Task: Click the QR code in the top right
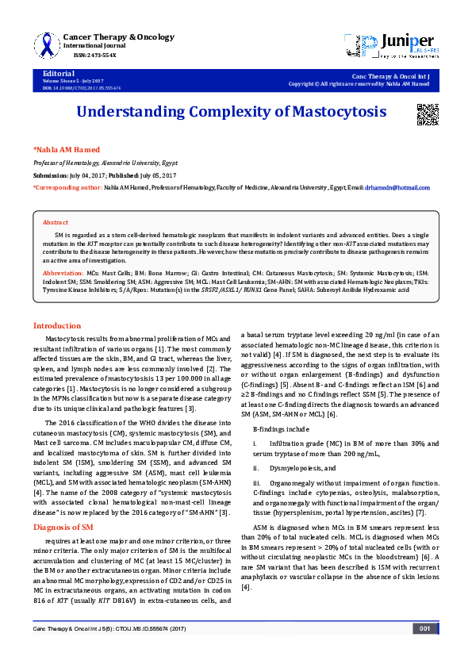tap(428, 115)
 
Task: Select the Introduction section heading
tap(56, 326)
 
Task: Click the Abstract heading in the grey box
tap(56, 223)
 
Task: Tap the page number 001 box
tap(424, 651)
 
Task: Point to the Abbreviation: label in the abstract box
tap(62, 272)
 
